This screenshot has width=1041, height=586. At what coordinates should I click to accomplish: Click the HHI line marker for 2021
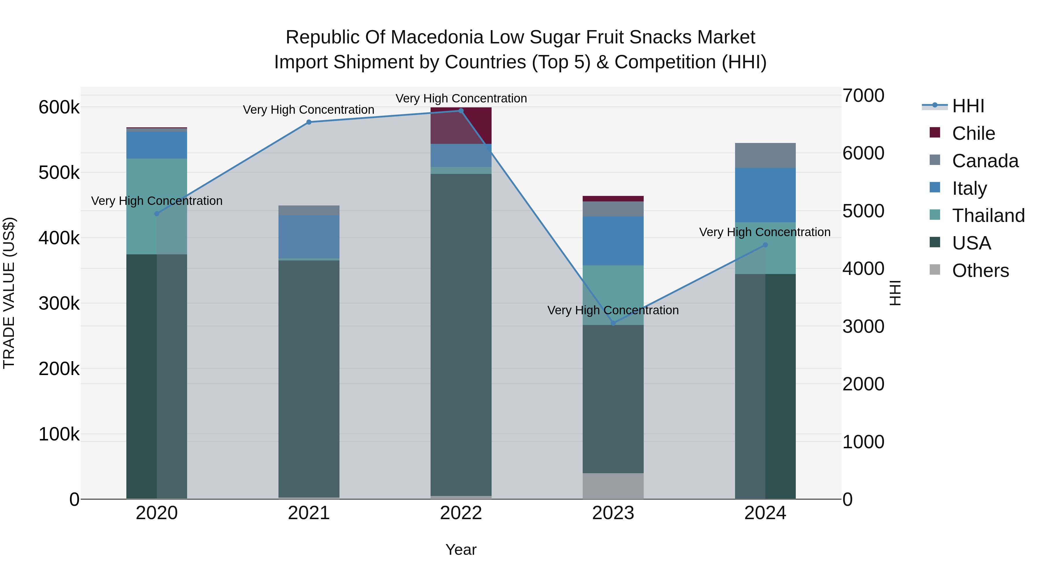(x=309, y=122)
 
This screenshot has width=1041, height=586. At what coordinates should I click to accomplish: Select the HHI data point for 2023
(x=613, y=323)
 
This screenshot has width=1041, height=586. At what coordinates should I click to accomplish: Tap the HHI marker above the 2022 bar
(x=461, y=111)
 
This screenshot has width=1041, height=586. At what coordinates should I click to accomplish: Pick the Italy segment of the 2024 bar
(x=765, y=195)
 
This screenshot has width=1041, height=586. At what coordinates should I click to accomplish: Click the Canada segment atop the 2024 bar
(x=765, y=155)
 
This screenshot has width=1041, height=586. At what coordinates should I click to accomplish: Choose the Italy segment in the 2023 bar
(x=613, y=241)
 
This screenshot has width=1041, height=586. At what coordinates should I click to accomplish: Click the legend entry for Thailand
(x=988, y=216)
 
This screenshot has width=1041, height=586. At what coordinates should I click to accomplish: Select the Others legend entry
(x=980, y=271)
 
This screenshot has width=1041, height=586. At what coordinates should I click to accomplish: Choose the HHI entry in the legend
(x=968, y=106)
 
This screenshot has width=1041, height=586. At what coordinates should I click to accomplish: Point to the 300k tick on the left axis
(x=59, y=303)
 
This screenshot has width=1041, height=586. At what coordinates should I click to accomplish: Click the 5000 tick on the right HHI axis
(x=863, y=211)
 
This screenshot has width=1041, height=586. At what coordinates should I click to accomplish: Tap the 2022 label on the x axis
(x=461, y=513)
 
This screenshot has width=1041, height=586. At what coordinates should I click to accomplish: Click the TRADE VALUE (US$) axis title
(x=9, y=293)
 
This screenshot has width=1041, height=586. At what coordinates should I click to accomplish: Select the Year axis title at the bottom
(x=461, y=550)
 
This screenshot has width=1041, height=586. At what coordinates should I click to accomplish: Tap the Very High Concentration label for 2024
(x=765, y=232)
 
